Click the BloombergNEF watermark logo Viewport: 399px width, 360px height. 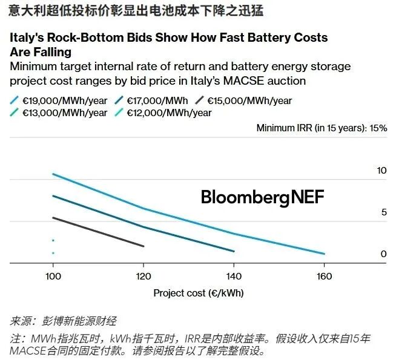[262, 197]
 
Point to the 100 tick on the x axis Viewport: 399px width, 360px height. [53, 277]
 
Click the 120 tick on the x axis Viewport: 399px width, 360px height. [143, 277]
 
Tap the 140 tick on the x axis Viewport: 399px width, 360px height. [234, 277]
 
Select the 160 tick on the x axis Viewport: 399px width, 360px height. [325, 277]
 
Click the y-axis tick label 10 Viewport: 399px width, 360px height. [381, 171]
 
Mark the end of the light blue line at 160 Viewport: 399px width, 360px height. [325, 254]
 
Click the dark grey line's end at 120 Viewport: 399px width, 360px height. [143, 246]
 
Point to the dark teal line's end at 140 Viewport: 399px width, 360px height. [234, 251]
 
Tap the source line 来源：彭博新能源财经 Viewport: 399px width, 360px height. [63, 321]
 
